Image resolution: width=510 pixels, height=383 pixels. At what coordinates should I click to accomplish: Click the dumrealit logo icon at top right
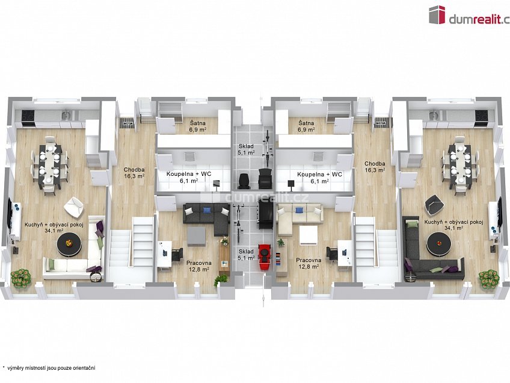point(437,14)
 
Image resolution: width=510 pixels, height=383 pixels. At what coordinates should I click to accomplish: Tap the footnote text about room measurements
point(49,368)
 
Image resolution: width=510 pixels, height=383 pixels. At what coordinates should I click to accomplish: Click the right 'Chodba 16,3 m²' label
point(375,167)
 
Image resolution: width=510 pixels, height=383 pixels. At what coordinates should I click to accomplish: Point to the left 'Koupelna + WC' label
point(189,174)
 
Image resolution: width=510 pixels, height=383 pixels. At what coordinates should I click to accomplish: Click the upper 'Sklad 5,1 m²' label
point(246,149)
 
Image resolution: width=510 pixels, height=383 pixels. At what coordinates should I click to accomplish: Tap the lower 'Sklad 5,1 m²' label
point(246,255)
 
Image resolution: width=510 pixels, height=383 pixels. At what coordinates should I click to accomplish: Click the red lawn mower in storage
point(265,257)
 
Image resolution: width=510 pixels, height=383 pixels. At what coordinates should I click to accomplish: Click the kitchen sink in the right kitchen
point(433,114)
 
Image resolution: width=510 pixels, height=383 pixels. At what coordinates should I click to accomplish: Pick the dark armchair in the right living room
point(435,205)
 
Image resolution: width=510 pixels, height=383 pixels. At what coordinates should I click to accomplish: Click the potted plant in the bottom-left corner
point(21,278)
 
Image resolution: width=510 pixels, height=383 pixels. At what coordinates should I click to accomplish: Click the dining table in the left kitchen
point(51,167)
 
